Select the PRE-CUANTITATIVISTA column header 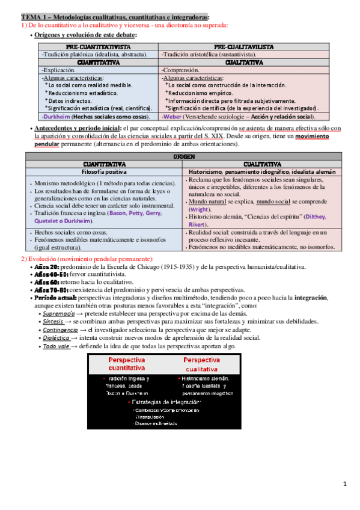(x=99, y=47)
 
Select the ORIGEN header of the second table (x=181, y=156)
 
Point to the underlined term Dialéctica (x=58, y=339)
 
